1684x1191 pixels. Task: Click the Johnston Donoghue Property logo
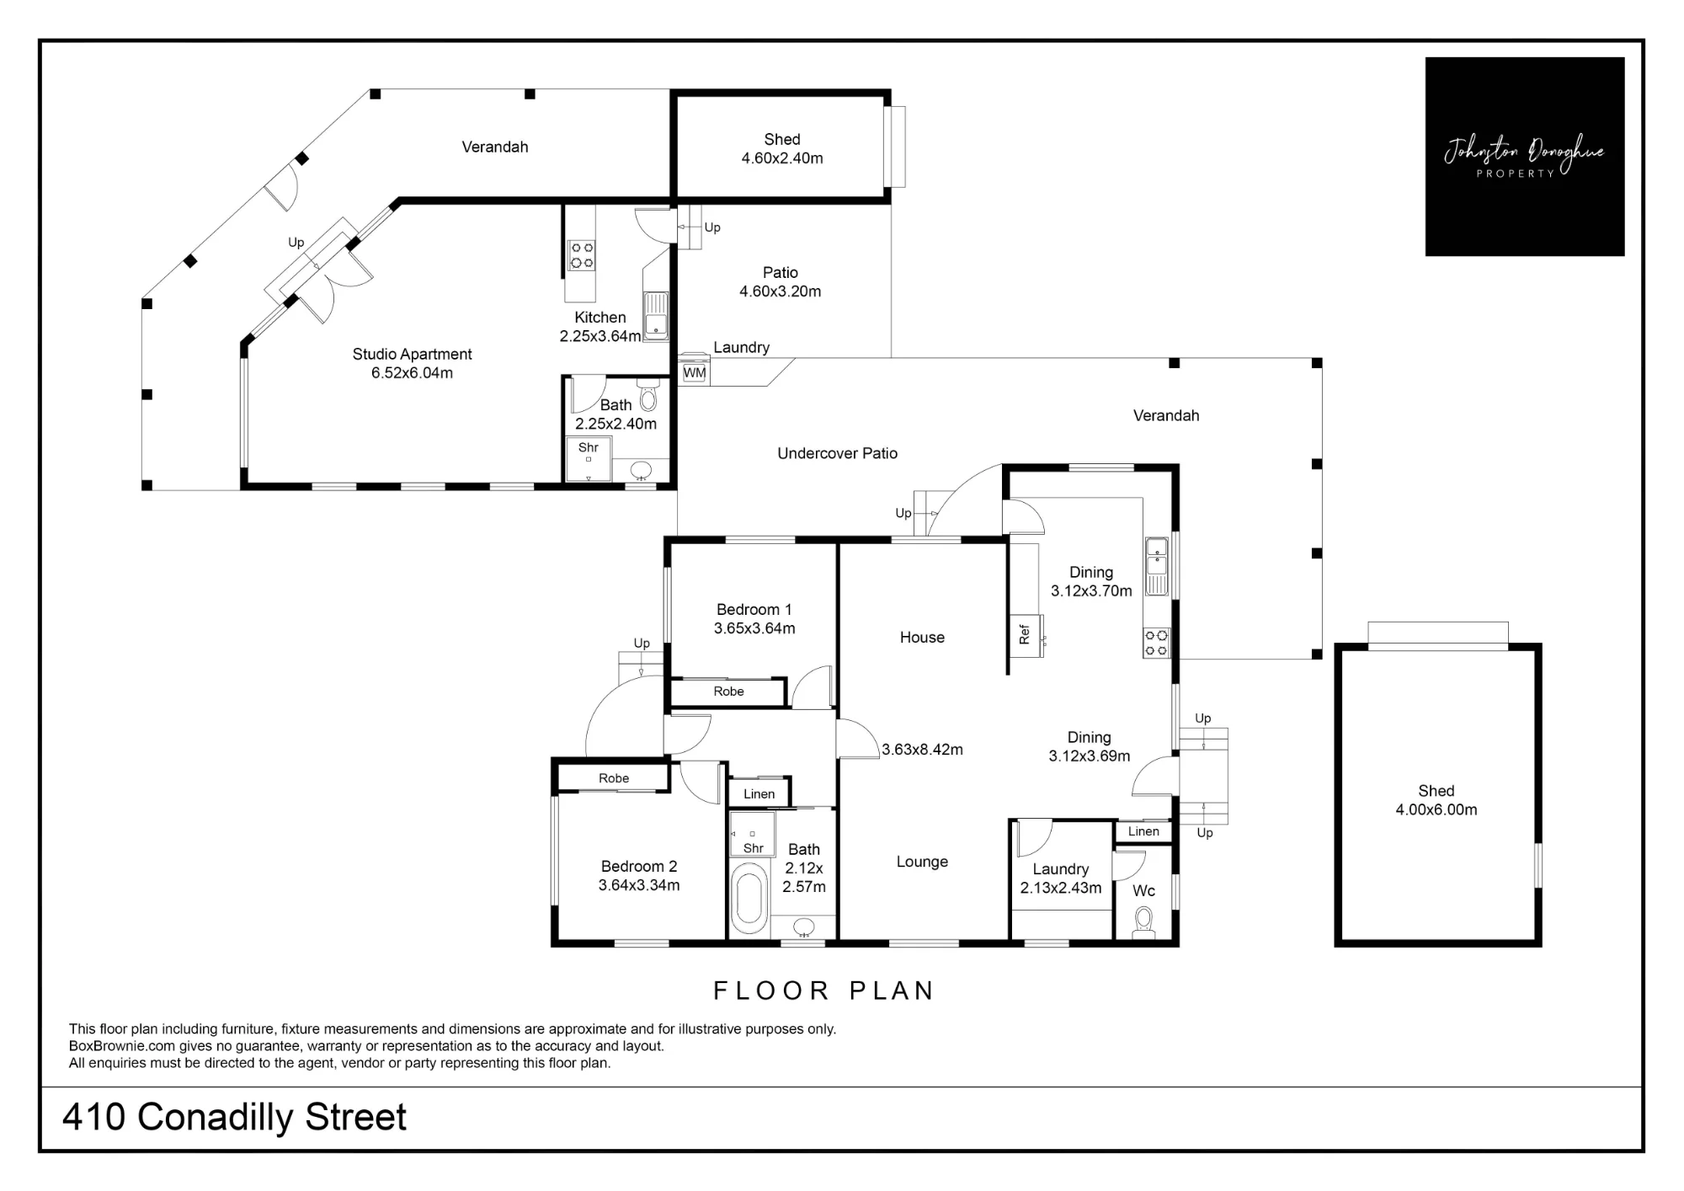coord(1524,157)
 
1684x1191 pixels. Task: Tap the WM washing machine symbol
coord(695,372)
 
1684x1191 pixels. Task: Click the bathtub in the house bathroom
coord(749,899)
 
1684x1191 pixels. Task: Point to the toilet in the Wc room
coord(1143,921)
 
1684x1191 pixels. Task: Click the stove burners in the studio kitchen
coord(581,255)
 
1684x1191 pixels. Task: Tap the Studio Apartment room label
coord(412,354)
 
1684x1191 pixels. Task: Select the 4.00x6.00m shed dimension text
coord(1436,809)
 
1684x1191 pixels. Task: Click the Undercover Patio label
coord(837,453)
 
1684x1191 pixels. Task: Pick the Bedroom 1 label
coord(754,609)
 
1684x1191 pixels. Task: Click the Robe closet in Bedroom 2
coord(613,777)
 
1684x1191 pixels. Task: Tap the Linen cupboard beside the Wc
coord(1143,831)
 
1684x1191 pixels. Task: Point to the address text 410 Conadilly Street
coord(234,1117)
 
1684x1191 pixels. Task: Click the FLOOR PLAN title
coord(823,991)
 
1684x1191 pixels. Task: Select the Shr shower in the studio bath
coord(589,460)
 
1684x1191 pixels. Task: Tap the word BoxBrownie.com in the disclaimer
coord(122,1046)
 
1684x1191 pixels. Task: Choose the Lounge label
coord(922,862)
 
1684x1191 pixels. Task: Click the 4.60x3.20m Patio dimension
coord(780,291)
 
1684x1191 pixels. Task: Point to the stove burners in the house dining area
coord(1156,644)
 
